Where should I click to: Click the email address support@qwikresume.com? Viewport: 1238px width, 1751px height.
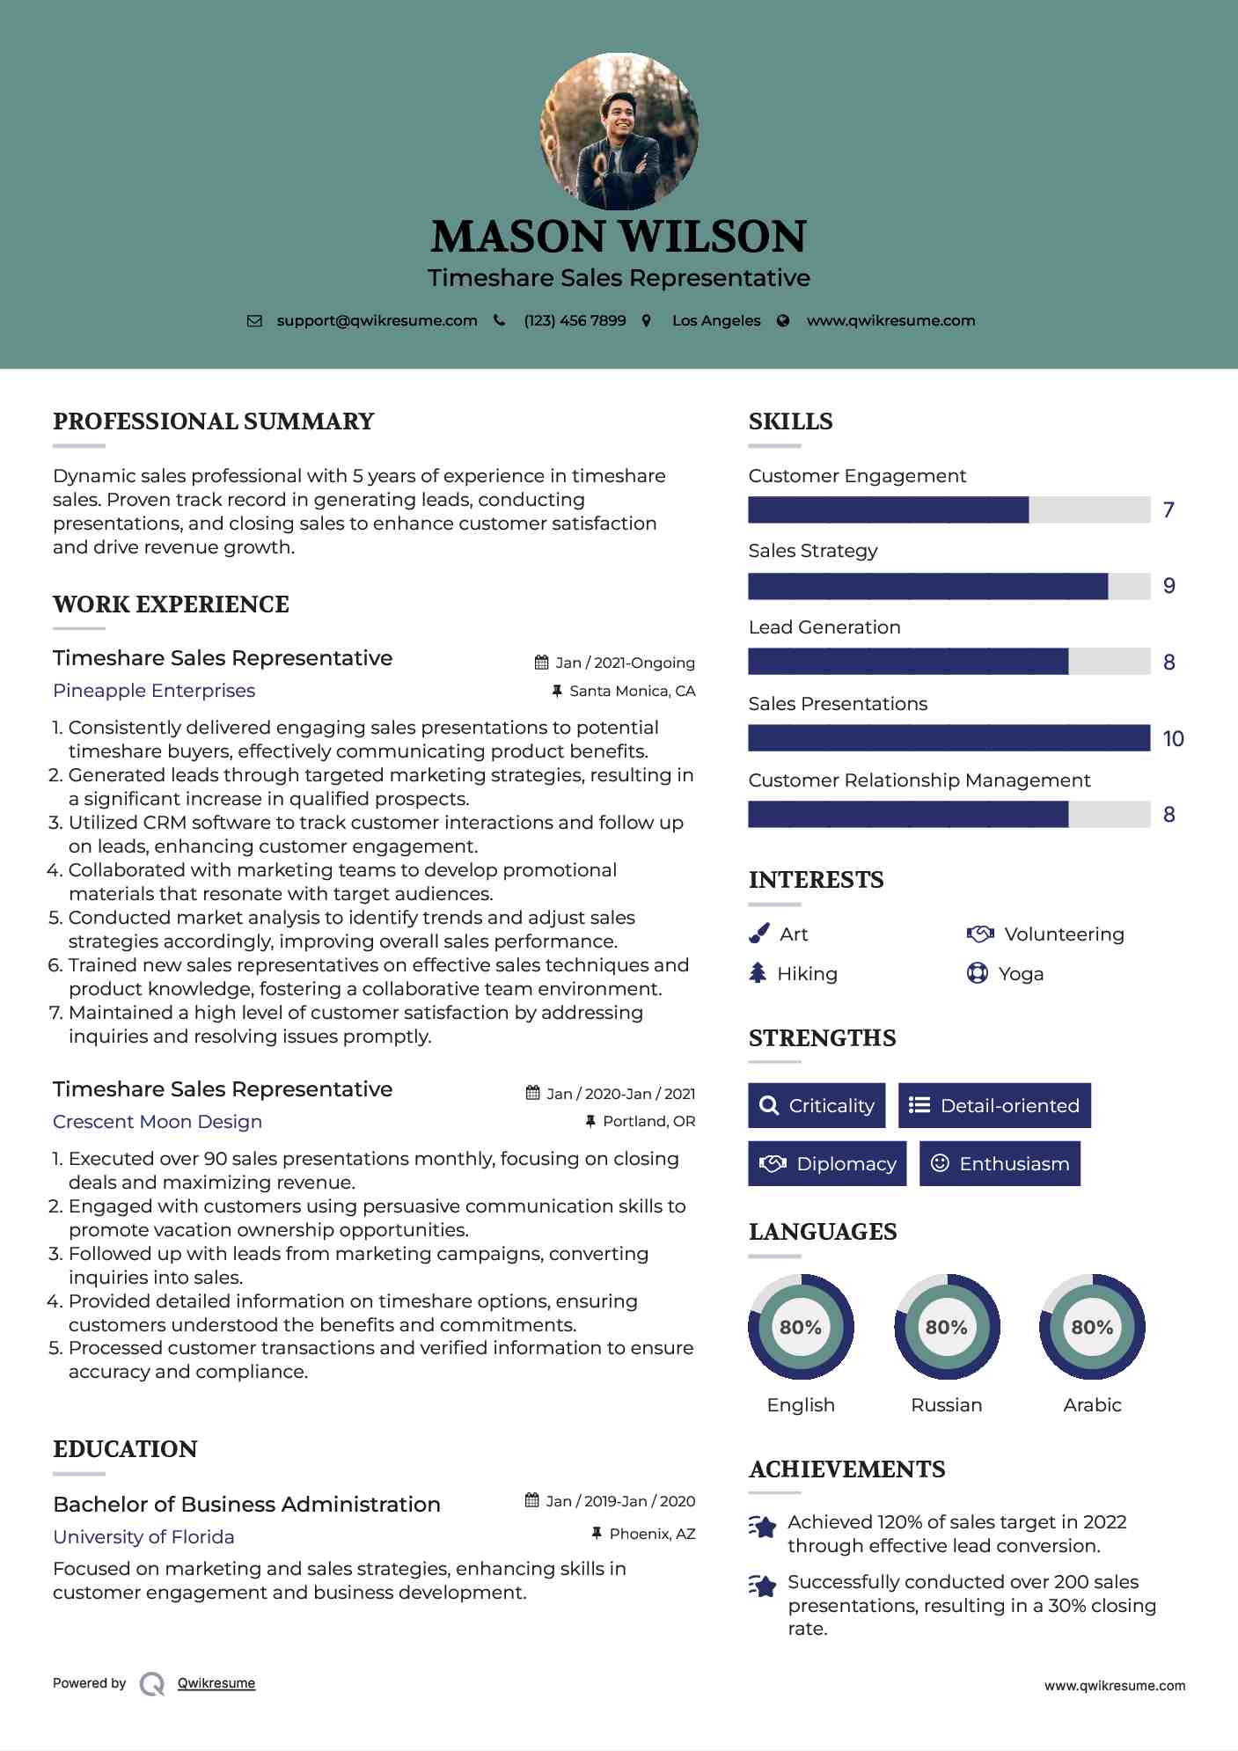pos(377,321)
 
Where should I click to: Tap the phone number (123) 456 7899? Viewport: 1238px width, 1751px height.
pos(575,321)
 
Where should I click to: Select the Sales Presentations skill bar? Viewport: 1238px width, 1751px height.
pos(949,738)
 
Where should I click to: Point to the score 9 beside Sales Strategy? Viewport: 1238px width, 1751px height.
pos(1168,586)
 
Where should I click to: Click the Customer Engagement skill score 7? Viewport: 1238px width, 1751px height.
pos(1168,510)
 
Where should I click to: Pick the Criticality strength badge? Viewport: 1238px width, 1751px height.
pos(817,1105)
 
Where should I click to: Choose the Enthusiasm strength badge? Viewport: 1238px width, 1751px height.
pos(1000,1163)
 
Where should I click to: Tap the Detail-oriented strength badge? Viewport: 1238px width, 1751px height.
pos(994,1105)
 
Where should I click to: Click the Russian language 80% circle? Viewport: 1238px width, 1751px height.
pos(947,1327)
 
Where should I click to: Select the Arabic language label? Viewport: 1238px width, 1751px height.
pos(1092,1405)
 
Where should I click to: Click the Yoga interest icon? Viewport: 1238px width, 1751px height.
pos(977,973)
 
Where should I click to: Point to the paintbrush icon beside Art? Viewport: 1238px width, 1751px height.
pos(758,934)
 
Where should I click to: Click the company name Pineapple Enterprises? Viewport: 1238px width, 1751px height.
pos(154,691)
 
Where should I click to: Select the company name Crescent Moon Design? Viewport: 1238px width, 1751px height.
pos(157,1122)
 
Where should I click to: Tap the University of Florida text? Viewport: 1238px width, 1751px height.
pos(143,1537)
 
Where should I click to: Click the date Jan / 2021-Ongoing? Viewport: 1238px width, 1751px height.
pos(625,663)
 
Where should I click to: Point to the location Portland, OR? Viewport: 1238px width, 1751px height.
pos(648,1121)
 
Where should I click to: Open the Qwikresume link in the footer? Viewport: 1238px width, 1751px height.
pos(216,1683)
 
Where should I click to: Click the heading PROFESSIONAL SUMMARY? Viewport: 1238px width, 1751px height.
pos(214,421)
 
